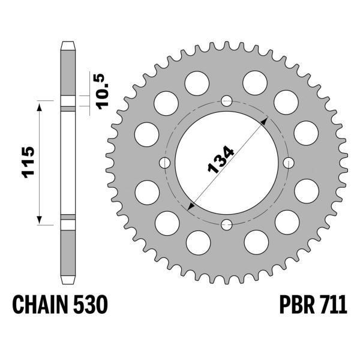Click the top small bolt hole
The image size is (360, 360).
tap(227, 100)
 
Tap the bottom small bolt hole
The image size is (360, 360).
tap(227, 224)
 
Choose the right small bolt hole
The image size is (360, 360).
tap(289, 163)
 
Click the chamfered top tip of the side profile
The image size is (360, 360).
tap(68, 44)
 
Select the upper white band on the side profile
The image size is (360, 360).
tap(68, 100)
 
